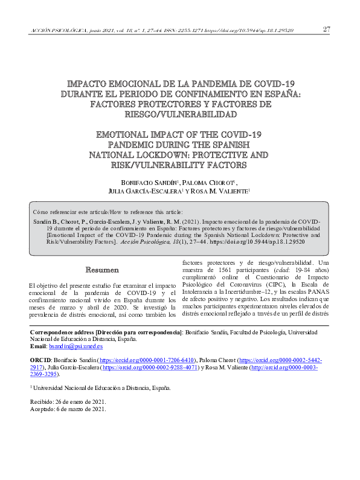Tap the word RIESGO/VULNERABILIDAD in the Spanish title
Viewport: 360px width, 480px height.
click(180, 114)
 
